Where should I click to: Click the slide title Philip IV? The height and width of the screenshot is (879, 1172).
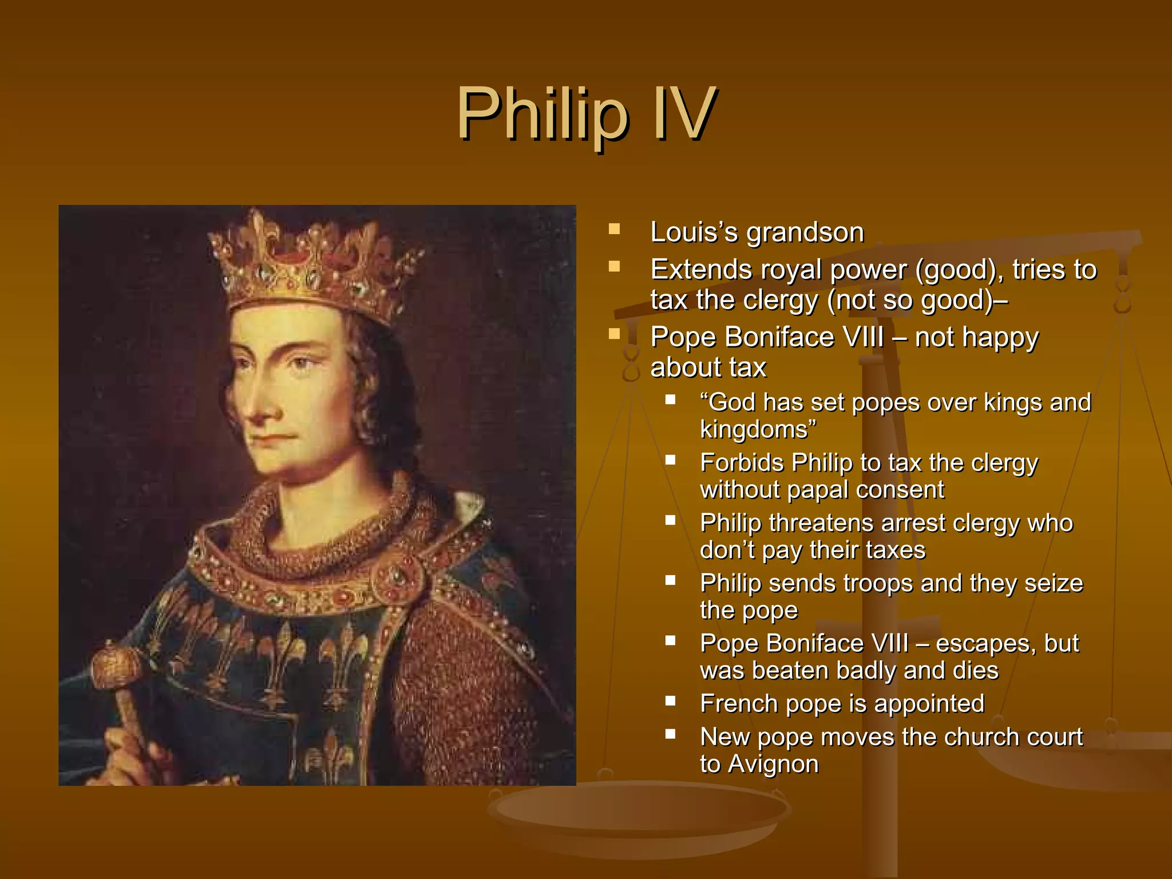585,114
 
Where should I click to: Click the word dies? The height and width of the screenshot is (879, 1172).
975,671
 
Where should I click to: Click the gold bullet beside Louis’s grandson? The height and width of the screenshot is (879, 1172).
615,229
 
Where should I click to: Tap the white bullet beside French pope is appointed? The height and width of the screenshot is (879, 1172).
671,700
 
